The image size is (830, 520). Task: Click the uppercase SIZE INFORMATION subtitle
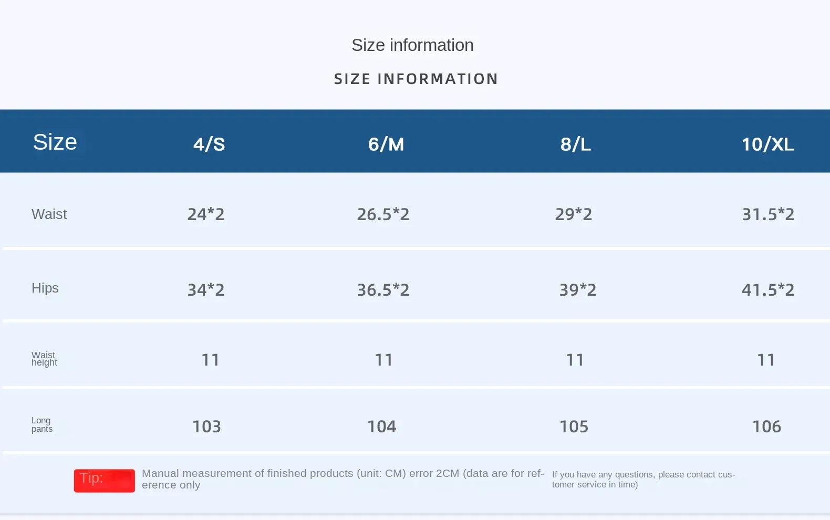tap(416, 79)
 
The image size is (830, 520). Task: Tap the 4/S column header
tap(209, 144)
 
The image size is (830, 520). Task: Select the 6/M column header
tap(386, 144)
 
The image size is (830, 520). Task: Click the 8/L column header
tap(576, 144)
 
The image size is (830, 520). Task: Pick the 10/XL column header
tap(767, 144)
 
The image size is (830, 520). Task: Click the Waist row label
tap(49, 214)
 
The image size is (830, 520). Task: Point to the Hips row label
tap(45, 288)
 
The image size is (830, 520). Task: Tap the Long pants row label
tap(42, 424)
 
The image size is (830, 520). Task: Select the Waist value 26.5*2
tap(383, 214)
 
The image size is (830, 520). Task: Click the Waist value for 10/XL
tap(768, 214)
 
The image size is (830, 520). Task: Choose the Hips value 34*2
tap(206, 290)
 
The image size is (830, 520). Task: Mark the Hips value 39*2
tap(578, 290)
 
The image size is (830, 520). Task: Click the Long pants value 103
tap(206, 427)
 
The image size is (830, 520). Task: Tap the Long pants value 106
tap(766, 427)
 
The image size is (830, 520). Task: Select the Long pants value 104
tap(381, 427)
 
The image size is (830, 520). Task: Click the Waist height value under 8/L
tap(575, 360)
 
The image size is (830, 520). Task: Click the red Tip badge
tap(104, 480)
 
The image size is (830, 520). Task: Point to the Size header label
tap(55, 142)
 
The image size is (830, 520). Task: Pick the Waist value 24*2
tap(206, 214)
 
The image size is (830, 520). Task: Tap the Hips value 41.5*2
tap(768, 290)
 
